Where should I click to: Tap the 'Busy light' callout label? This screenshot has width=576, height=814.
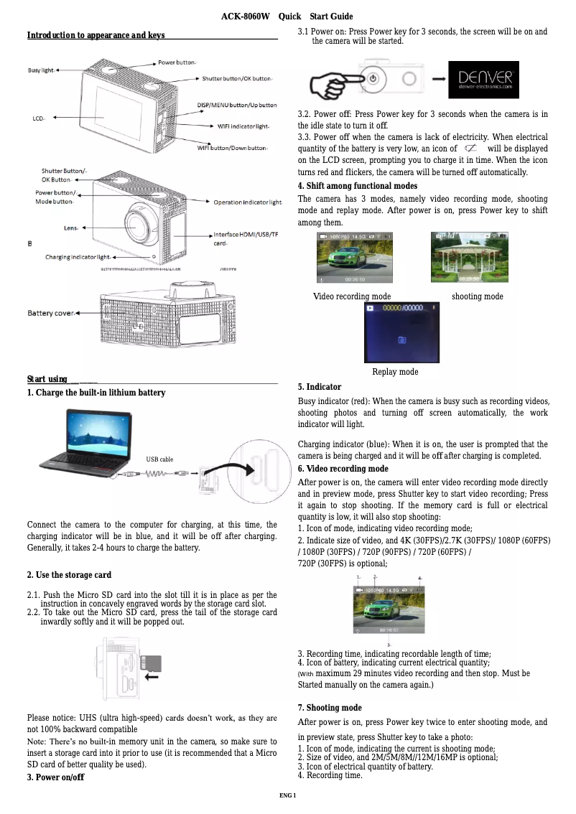41,70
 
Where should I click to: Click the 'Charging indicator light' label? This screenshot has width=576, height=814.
78,256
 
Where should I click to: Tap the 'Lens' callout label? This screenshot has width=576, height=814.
71,228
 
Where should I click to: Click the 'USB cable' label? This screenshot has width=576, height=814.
159,459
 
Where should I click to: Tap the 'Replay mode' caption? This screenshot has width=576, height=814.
395,372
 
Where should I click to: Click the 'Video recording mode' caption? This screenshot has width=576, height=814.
352,296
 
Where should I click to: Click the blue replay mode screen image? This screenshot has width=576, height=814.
401,334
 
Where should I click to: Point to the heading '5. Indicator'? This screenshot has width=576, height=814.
320,387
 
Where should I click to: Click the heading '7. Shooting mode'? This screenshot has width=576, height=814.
330,708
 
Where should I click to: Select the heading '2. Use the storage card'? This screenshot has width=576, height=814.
69,575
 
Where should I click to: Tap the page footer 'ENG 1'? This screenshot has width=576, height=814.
287,795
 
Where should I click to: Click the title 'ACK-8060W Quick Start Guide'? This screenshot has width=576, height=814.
287,17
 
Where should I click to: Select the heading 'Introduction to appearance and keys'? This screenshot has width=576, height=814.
96,35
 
